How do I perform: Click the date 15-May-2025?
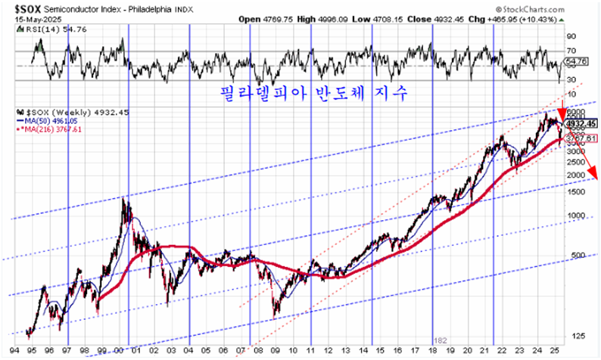click(28, 17)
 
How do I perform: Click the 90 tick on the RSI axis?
click(571, 36)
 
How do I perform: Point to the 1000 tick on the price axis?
click(575, 215)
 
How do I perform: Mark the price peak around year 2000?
click(123, 198)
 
